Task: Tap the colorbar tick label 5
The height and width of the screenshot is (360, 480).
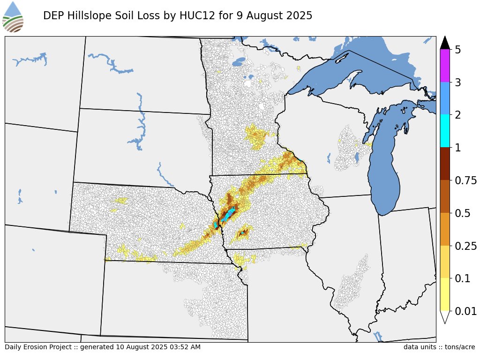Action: coord(458,50)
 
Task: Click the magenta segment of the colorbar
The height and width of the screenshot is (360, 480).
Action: coord(445,66)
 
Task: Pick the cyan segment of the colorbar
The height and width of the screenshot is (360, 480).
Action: coord(445,131)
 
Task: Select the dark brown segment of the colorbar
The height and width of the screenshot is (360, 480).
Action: coord(445,164)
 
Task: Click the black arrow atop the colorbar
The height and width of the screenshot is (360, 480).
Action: coord(445,43)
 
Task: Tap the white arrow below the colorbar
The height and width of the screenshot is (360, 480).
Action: coord(445,317)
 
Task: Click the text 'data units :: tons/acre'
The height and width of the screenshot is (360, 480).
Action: coord(439,347)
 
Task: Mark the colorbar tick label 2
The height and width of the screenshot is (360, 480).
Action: coord(458,115)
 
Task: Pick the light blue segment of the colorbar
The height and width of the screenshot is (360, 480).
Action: coord(445,98)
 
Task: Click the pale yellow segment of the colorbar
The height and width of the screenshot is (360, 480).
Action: coord(445,294)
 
